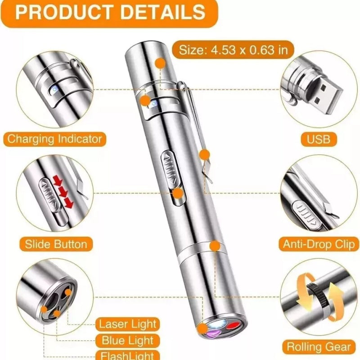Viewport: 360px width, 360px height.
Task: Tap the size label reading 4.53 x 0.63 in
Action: click(x=233, y=50)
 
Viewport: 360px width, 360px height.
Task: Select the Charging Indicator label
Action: click(x=54, y=139)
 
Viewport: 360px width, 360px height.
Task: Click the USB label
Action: click(x=319, y=139)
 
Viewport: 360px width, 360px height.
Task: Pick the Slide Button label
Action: click(x=56, y=244)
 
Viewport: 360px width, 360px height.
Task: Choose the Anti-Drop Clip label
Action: click(x=319, y=244)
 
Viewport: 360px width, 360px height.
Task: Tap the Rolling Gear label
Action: click(x=319, y=346)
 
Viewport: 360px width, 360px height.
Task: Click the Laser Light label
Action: click(x=128, y=324)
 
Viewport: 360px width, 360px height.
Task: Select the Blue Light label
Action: click(x=128, y=340)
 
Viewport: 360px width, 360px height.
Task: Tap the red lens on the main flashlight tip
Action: click(x=232, y=326)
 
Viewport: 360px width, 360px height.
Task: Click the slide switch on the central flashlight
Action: click(x=171, y=168)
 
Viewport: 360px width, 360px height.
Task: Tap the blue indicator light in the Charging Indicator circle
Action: click(x=54, y=90)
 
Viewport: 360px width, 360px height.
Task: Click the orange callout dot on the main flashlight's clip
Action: click(x=204, y=155)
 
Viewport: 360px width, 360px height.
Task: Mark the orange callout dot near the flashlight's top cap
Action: click(x=161, y=63)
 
